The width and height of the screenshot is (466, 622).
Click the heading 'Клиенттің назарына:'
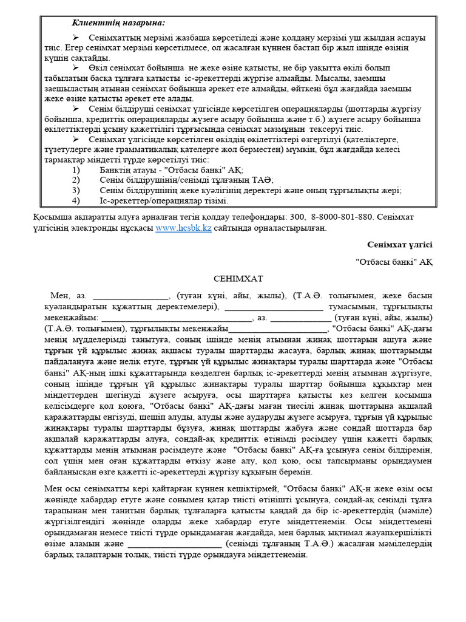click(x=118, y=22)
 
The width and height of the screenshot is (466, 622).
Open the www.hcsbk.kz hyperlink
click(x=183, y=228)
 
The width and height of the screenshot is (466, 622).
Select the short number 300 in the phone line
click(x=298, y=217)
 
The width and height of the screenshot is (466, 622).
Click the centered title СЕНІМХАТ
click(x=238, y=279)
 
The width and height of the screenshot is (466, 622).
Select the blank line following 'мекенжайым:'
click(x=176, y=318)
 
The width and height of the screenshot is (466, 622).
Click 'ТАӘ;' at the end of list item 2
click(x=264, y=180)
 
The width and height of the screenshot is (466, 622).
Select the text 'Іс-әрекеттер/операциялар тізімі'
click(x=164, y=200)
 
